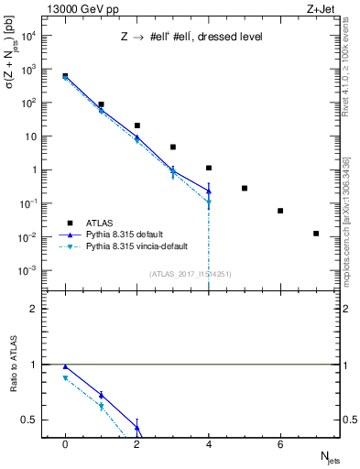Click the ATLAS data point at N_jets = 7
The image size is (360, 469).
click(x=316, y=234)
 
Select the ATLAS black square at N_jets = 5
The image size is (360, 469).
click(x=245, y=188)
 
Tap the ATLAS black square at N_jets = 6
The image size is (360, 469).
click(x=280, y=211)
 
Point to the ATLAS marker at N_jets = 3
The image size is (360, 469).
click(x=172, y=147)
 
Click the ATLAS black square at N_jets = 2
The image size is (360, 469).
click(x=136, y=125)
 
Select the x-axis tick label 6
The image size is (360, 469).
click(x=280, y=444)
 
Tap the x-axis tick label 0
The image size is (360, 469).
click(x=65, y=444)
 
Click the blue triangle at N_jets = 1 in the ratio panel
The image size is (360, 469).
click(x=101, y=396)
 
